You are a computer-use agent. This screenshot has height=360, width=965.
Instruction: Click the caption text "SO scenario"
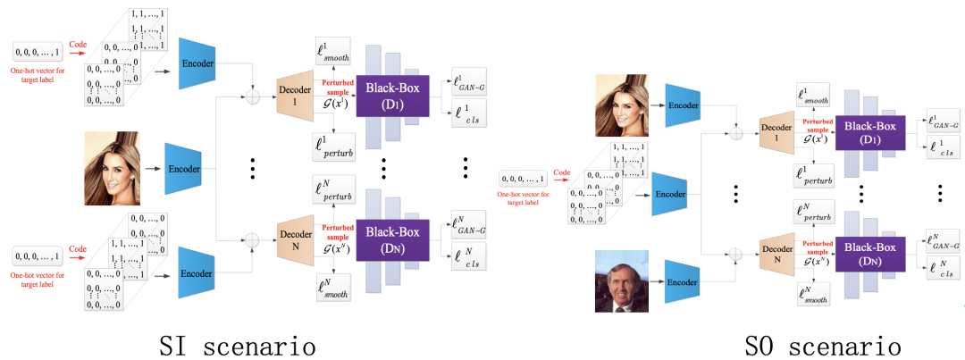click(822, 344)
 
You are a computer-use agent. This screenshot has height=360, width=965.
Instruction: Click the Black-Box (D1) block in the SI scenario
click(393, 96)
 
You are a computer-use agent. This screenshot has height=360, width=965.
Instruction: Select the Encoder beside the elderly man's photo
click(683, 280)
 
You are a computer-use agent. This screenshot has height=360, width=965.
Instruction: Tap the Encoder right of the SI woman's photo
click(183, 168)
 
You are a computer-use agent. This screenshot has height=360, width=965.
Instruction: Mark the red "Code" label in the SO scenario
click(562, 172)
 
